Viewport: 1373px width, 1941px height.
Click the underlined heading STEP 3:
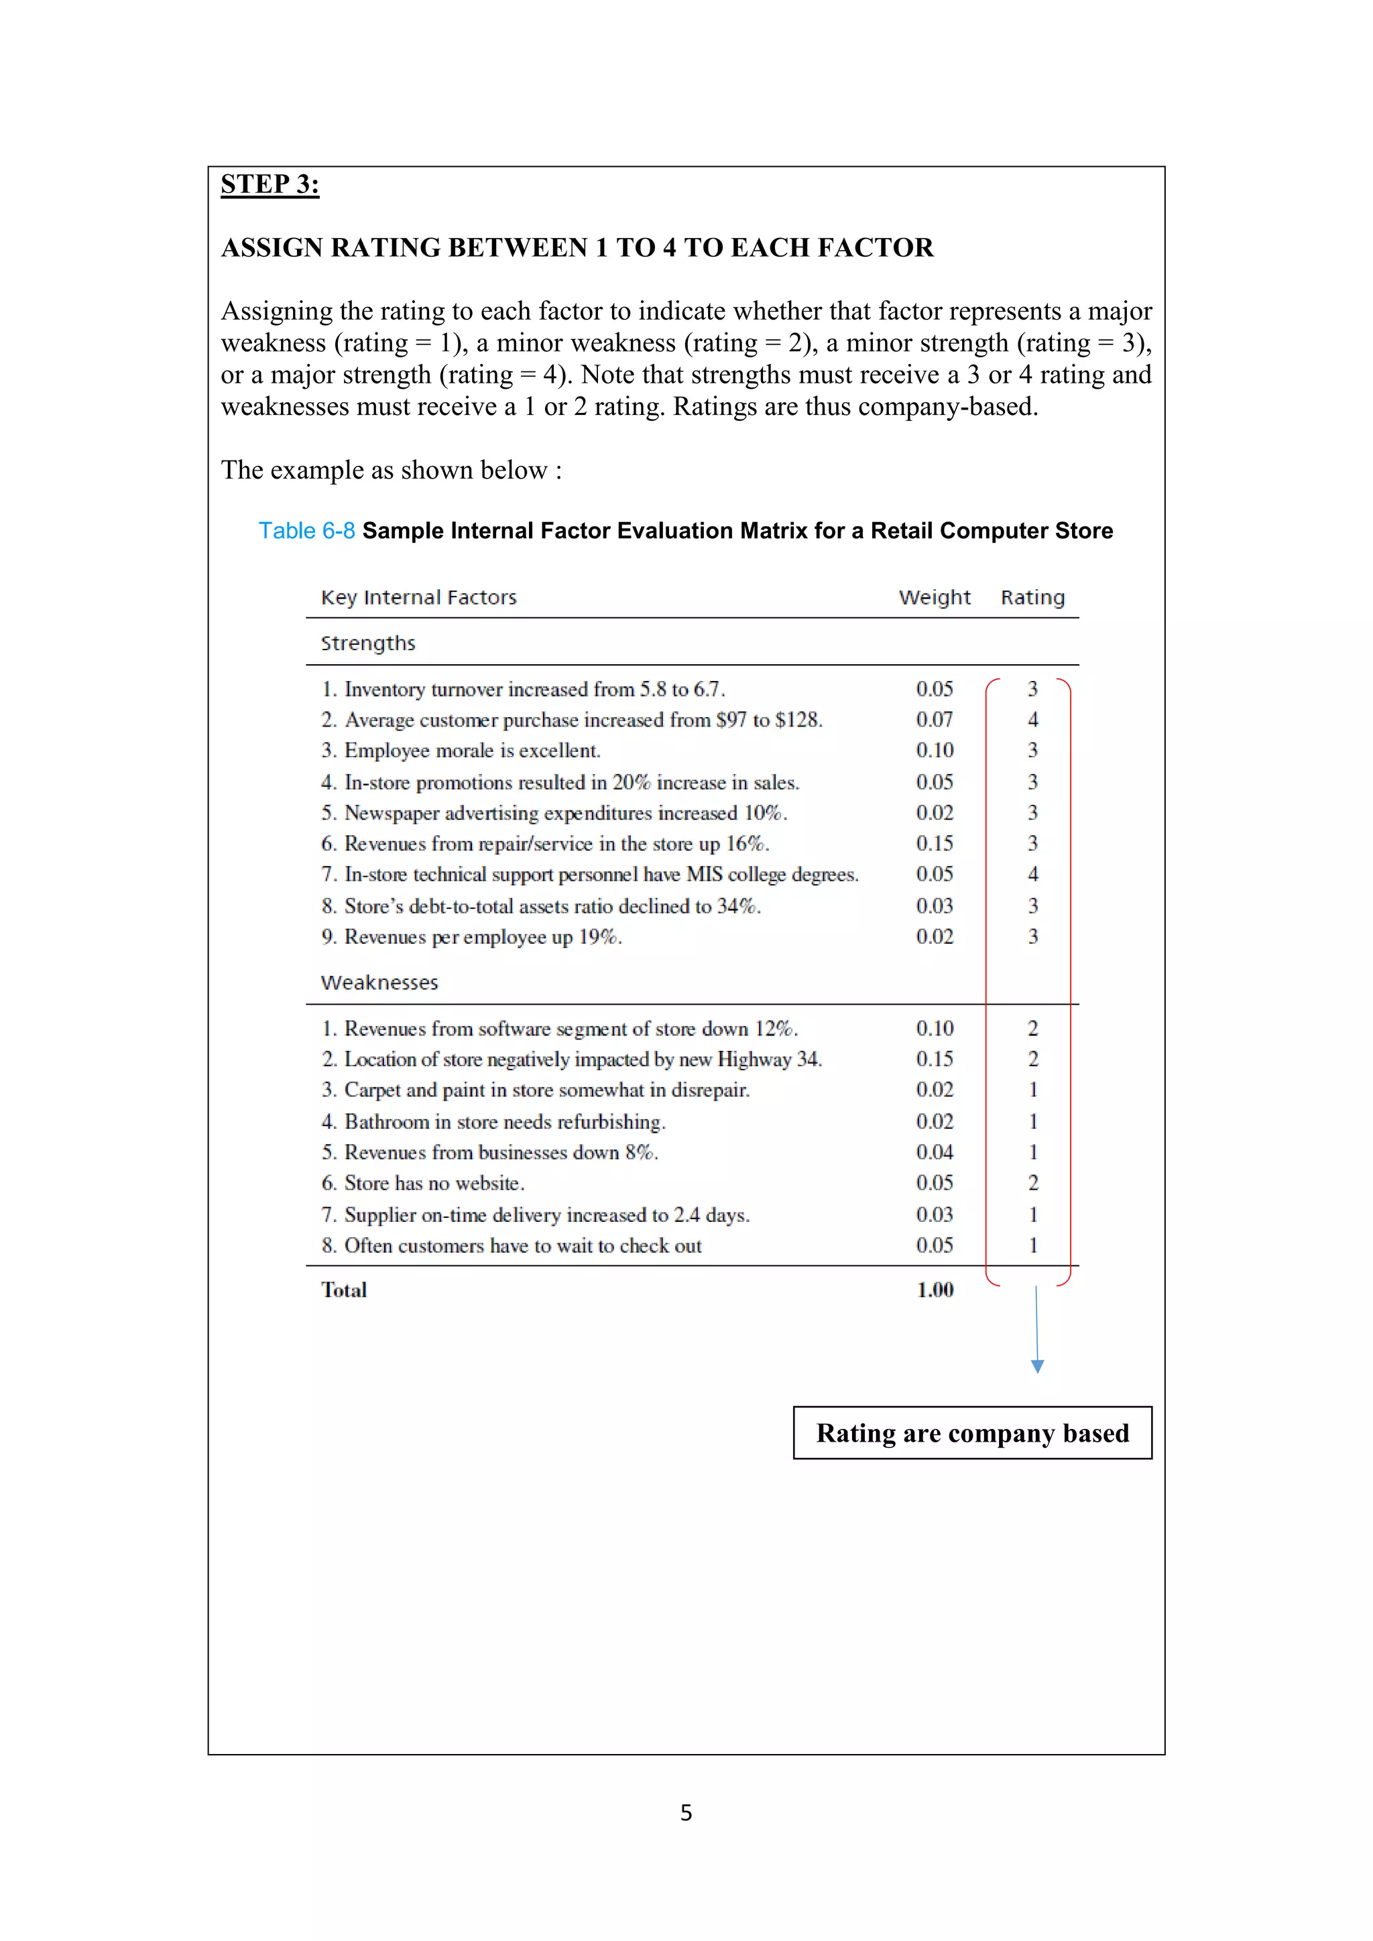coord(270,184)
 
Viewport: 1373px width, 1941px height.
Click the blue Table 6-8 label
coord(306,531)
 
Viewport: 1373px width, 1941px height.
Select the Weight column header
coord(934,598)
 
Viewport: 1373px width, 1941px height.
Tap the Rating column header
coord(1032,598)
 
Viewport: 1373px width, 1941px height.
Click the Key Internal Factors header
coord(418,598)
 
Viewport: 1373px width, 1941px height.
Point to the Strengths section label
coord(368,643)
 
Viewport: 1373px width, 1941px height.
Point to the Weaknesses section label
coord(379,983)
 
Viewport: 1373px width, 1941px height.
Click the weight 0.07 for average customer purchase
coord(934,719)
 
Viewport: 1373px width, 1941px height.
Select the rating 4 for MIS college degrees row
coord(1032,874)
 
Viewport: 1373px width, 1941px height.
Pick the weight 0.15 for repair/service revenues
coord(934,844)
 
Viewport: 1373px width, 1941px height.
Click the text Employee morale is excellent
coord(473,751)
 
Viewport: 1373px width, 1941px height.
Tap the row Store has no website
coord(434,1184)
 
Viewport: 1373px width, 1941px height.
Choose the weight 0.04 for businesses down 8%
coord(934,1152)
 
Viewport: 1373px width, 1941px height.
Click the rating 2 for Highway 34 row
coord(1032,1059)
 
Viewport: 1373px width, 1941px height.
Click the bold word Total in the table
coord(343,1290)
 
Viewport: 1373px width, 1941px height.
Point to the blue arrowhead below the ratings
coord(1037,1366)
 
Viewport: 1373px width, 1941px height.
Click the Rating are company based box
coord(972,1433)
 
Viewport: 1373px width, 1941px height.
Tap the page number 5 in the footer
coord(686,1812)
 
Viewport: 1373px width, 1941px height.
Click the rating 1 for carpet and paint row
coord(1032,1090)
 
